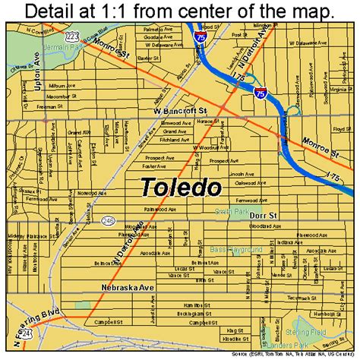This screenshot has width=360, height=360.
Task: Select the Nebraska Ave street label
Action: point(122,287)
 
